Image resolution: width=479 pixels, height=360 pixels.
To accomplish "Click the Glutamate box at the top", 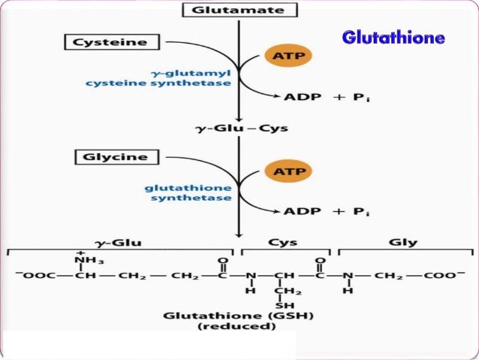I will [239, 10].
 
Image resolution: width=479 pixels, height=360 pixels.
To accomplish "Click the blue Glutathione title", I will [393, 37].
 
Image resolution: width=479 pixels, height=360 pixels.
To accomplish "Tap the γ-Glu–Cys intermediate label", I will [239, 129].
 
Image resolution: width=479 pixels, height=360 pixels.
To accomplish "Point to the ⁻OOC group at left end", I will [34, 275].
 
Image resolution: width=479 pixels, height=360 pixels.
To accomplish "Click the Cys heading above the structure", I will [286, 243].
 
